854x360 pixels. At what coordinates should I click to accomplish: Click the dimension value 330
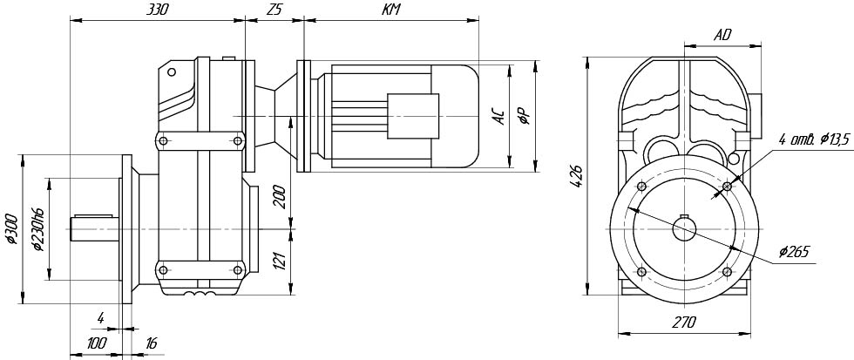[157, 10]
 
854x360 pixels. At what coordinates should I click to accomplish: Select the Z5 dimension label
[274, 10]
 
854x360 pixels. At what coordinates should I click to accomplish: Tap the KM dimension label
[391, 10]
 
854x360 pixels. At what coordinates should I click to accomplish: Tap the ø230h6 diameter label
[38, 229]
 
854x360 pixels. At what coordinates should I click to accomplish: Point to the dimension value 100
[96, 343]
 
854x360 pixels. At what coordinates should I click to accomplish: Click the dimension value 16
[150, 343]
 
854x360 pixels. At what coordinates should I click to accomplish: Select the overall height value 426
[579, 174]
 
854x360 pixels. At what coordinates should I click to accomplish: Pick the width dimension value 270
[684, 323]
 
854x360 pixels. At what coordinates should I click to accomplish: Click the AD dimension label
[722, 35]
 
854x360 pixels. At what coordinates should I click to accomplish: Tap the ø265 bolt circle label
[796, 252]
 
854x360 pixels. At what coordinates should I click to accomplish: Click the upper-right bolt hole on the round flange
[727, 187]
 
